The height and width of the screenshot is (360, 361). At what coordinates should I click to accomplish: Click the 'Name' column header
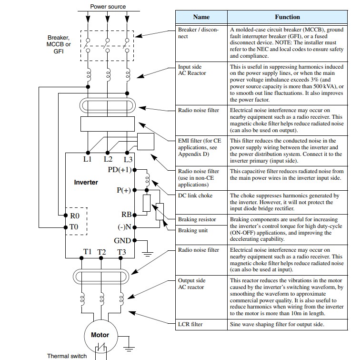(201, 17)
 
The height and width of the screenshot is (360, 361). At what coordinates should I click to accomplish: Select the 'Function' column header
(287, 17)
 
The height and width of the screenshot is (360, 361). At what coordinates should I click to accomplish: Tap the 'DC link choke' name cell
(201, 202)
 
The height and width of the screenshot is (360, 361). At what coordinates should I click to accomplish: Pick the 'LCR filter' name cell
(201, 325)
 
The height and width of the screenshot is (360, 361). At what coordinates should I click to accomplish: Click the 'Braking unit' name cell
(201, 235)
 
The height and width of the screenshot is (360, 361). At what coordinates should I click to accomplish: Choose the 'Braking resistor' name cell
(201, 220)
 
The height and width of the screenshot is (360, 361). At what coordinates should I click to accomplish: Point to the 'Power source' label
(108, 7)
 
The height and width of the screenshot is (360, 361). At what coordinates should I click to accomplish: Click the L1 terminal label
(88, 159)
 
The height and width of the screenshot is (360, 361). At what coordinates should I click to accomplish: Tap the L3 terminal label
(128, 159)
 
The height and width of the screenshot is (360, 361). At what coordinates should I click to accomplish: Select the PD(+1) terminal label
(120, 170)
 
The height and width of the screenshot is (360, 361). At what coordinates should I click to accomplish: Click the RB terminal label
(126, 215)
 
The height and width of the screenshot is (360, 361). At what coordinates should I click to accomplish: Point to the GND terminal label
(122, 241)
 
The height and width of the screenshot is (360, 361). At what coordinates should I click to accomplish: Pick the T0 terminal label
(74, 227)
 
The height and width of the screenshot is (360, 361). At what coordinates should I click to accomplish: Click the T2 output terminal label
(101, 252)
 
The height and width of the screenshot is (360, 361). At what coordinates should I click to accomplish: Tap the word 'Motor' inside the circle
(100, 335)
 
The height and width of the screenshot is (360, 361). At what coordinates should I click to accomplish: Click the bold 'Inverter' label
(86, 182)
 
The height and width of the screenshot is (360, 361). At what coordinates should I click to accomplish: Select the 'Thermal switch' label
(67, 356)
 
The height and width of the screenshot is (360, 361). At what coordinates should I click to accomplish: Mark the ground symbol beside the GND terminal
(148, 254)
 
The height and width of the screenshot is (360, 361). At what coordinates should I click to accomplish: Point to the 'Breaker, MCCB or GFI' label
(59, 44)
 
